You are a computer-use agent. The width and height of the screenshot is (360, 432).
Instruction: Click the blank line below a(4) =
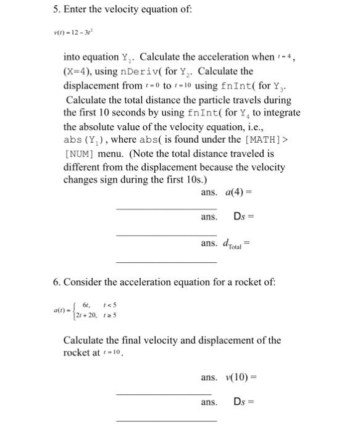pos(166,210)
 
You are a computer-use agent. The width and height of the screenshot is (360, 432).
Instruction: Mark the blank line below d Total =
pos(166,262)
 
